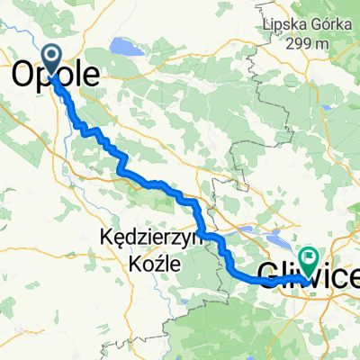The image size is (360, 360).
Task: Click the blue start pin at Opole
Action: pyautogui.click(x=53, y=60)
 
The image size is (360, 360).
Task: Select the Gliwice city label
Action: pyautogui.click(x=306, y=274)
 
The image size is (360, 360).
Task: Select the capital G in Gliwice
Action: pyautogui.click(x=269, y=274)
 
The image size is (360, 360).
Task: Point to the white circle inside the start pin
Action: pyautogui.click(x=53, y=58)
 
